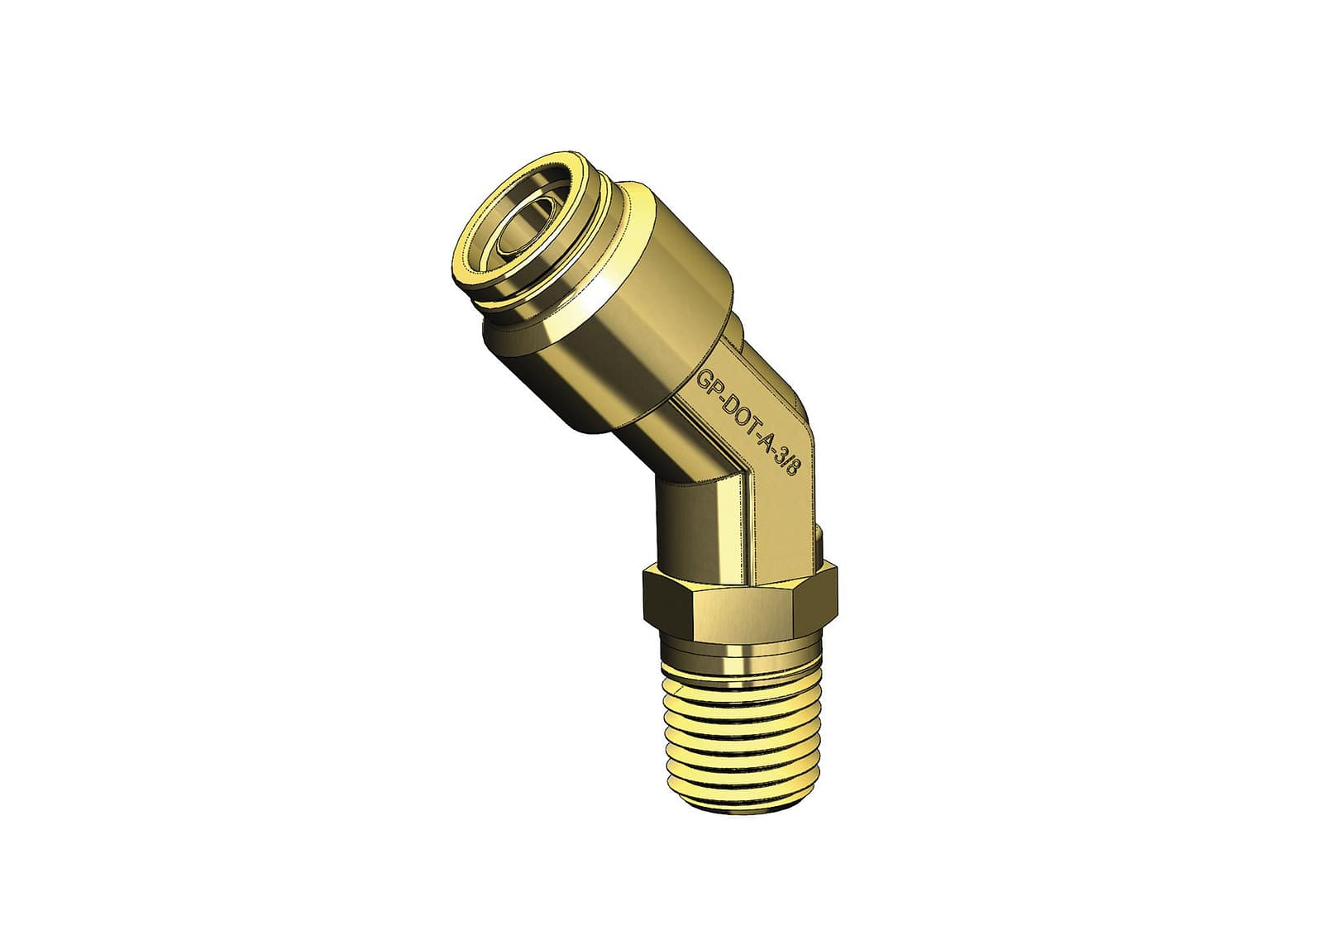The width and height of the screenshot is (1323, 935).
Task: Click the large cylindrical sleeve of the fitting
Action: (626, 308)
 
